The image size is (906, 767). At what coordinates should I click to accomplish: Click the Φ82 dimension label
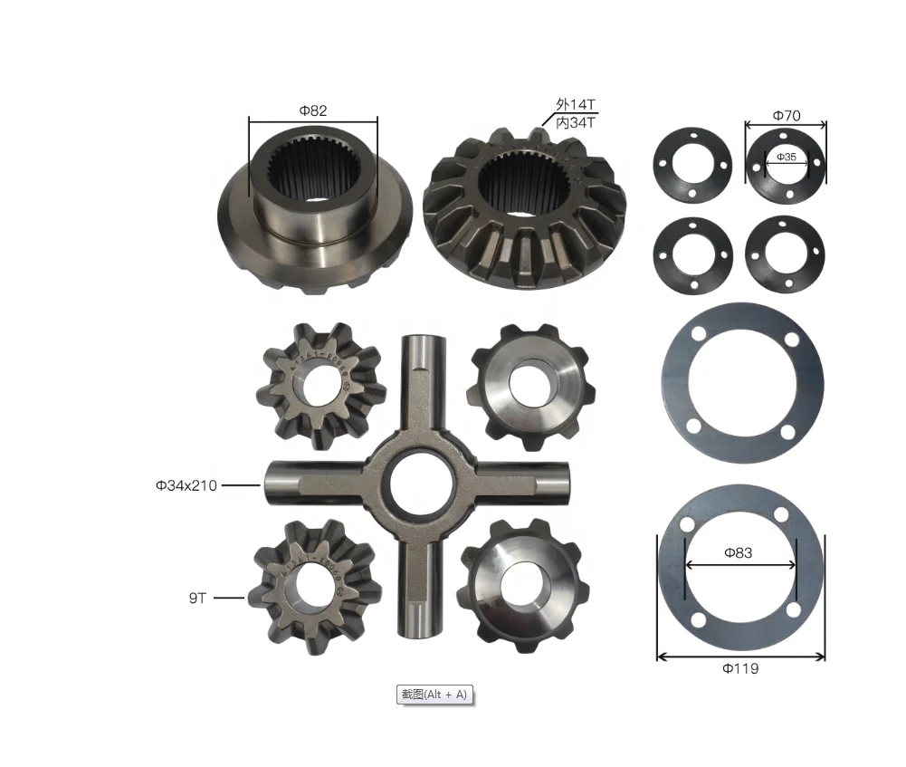click(x=313, y=110)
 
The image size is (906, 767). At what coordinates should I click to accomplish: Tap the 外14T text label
click(x=576, y=105)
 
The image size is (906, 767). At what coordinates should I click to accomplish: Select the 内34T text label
click(x=576, y=122)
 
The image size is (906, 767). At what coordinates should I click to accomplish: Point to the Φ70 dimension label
click(x=787, y=116)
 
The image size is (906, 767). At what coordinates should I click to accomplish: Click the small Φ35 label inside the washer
click(x=787, y=157)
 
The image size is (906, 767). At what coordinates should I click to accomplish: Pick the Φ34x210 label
click(x=186, y=485)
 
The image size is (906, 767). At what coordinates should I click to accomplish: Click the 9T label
click(x=197, y=598)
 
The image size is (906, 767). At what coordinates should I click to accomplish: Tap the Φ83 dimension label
click(x=739, y=552)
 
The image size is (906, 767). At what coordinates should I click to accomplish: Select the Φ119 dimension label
click(x=740, y=668)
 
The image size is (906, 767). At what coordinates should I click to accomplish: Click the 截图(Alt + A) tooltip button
click(x=434, y=695)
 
